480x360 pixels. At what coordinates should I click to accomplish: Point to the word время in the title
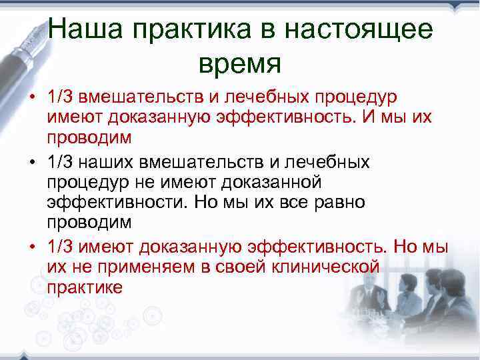pos(240,63)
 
